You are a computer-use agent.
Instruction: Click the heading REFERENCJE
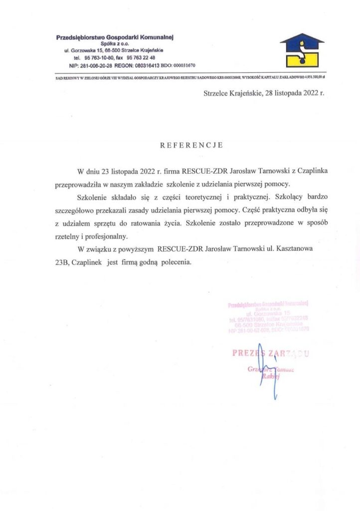[x=191, y=146]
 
